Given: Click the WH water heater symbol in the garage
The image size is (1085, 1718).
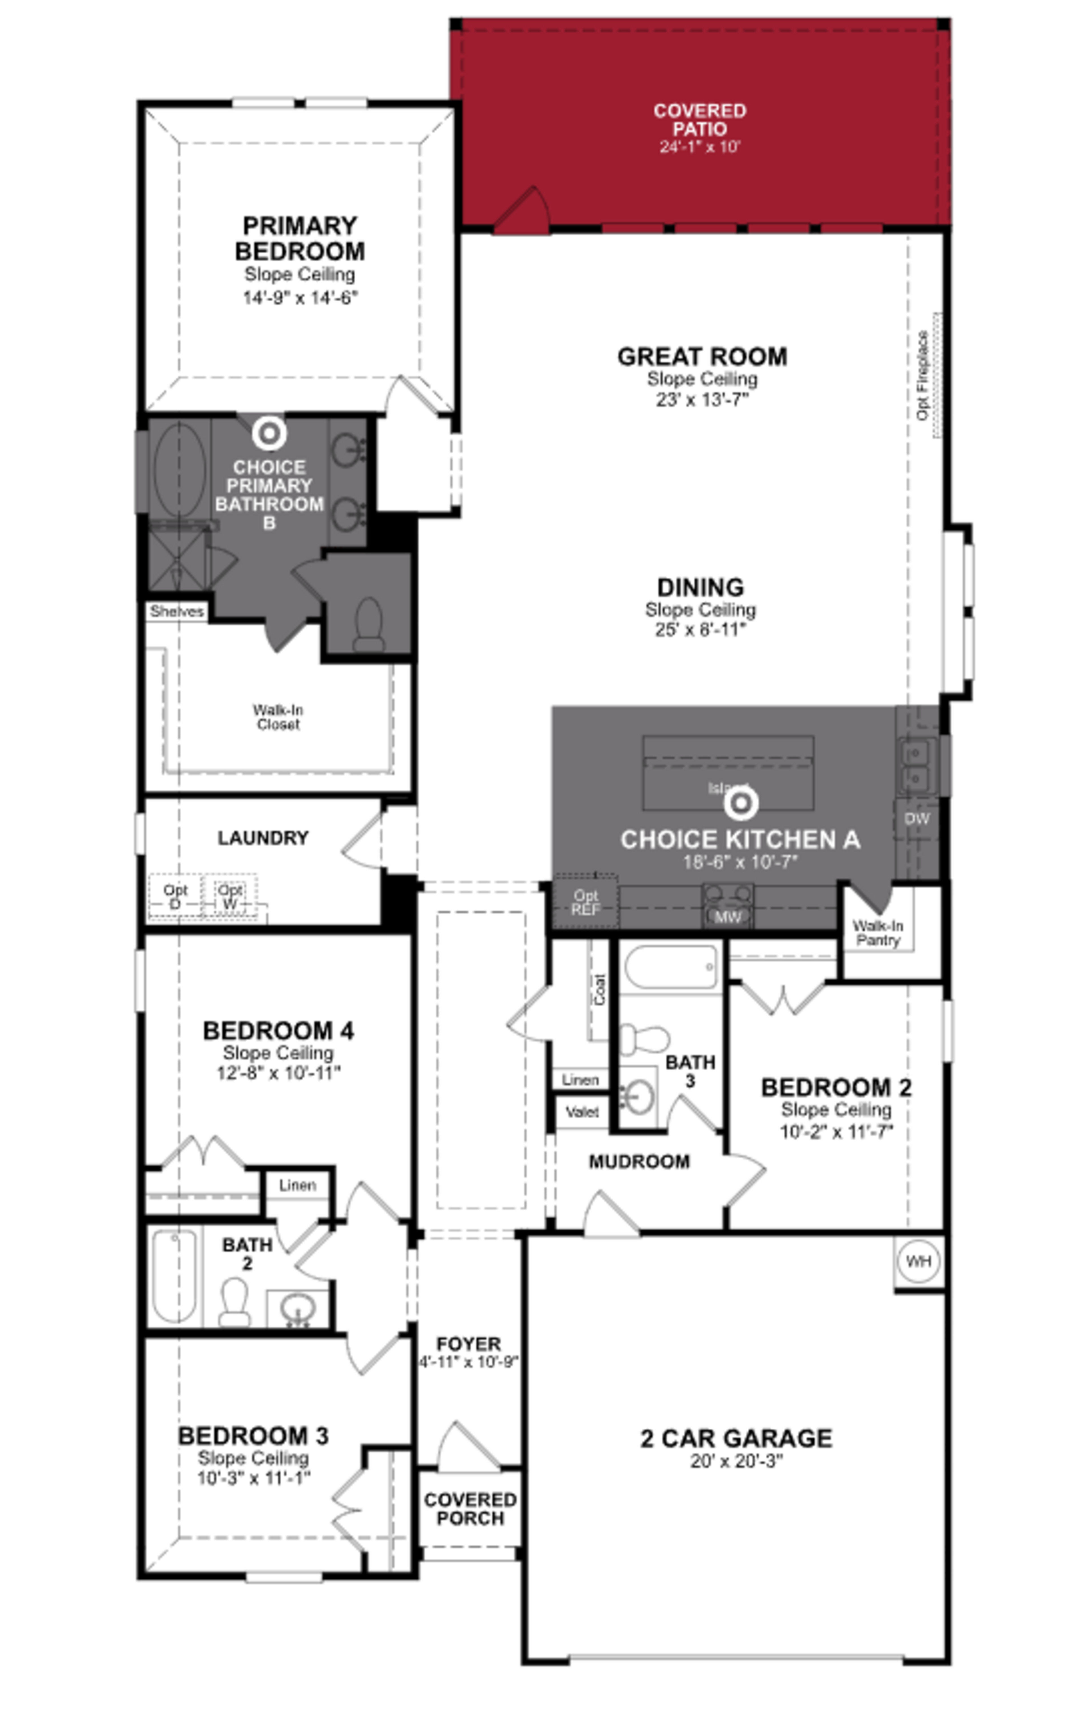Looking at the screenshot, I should pos(918,1262).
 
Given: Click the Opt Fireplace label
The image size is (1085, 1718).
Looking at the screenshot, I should pos(923,375).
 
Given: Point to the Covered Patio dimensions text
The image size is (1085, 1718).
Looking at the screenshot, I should pos(700,147).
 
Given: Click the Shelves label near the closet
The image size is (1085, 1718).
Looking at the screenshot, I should pos(176,611).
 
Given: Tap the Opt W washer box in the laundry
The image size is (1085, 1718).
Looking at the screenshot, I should pos(230,897).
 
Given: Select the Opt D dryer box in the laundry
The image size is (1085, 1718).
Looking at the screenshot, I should pos(175,897).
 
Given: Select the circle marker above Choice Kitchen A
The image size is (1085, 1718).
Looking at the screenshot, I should pos(741,803).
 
